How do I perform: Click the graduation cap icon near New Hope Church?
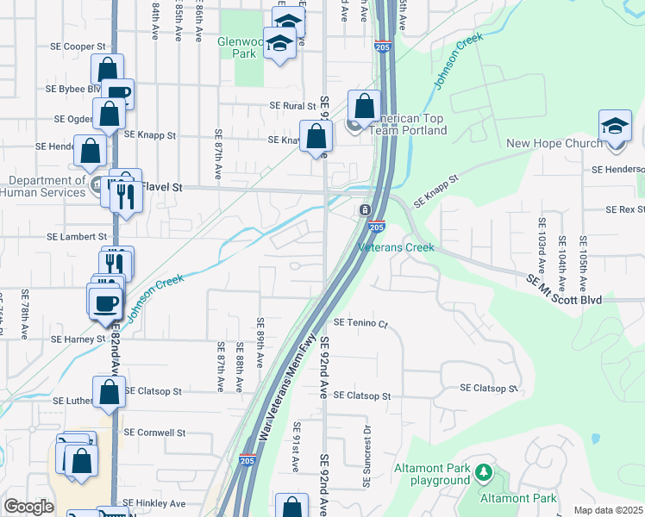[x=615, y=126]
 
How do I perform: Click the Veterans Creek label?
[x=396, y=247]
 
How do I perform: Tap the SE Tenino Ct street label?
[x=360, y=323]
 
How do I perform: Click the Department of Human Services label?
[x=47, y=186]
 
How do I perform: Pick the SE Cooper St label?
[x=76, y=47]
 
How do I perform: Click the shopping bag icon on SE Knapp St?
[x=316, y=136]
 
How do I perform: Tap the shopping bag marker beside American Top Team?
[x=365, y=108]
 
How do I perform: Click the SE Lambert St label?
[x=77, y=236]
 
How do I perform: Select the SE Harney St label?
[x=78, y=339]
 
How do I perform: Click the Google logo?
[x=28, y=507]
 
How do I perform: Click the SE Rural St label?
[x=288, y=106]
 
